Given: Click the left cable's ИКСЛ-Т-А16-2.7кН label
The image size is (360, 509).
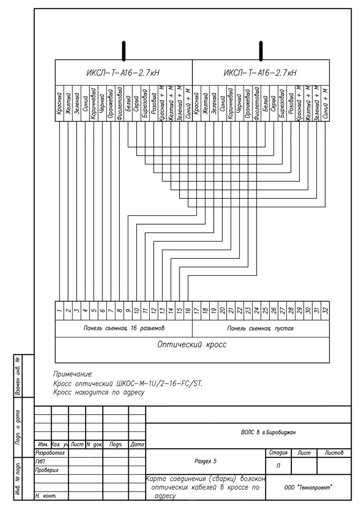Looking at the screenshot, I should tap(123, 73).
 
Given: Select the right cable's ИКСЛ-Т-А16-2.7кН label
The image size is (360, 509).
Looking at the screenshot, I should tap(260, 73).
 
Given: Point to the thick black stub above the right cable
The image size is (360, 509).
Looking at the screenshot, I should tap(260, 51).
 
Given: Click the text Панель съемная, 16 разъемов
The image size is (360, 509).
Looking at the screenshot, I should tap(123, 329).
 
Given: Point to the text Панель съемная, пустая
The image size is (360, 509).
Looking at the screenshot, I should tap(260, 329).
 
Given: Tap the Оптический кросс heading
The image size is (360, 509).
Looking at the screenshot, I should tap(191, 344).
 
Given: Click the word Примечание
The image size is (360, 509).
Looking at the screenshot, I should tap(73, 373).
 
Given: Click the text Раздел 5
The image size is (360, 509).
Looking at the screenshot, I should tap(205, 461).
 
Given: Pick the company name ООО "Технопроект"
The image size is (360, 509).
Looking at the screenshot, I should tap(308, 488).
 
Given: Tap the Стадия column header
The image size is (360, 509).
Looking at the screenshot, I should tap(277, 453).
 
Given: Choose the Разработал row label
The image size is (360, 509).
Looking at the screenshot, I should tap(51, 453).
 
